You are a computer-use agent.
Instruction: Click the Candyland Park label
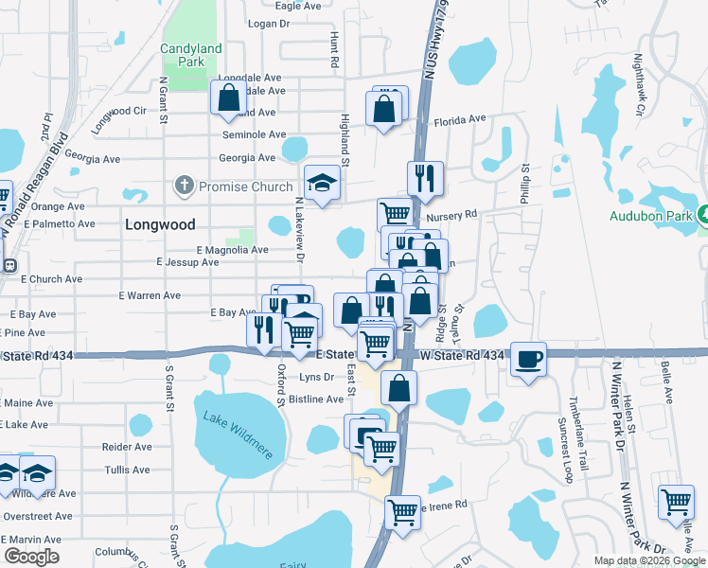[x=190, y=55]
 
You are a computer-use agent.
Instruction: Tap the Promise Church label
[x=245, y=186]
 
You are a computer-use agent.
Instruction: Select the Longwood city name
[x=160, y=225]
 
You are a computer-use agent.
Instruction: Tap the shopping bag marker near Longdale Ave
[x=228, y=98]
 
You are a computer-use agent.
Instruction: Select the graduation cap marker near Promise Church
[x=322, y=183]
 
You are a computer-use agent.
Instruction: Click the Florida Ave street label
[x=459, y=121]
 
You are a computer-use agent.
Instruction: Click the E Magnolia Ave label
[x=232, y=250]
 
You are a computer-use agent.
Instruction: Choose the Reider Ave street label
[x=127, y=447]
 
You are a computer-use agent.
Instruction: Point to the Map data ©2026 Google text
[x=647, y=560]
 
